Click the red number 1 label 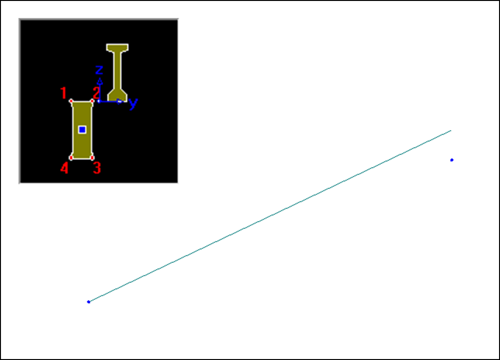pyautogui.click(x=63, y=93)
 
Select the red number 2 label pyautogui.click(x=96, y=93)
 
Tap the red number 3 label pyautogui.click(x=97, y=168)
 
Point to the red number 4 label pyautogui.click(x=64, y=168)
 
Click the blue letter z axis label pyautogui.click(x=99, y=70)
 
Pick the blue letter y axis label pyautogui.click(x=134, y=103)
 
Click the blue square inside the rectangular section pyautogui.click(x=82, y=130)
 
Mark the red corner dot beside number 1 pyautogui.click(x=71, y=101)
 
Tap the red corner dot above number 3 pyautogui.click(x=92, y=158)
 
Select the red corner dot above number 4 pyautogui.click(x=71, y=158)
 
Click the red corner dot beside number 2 pyautogui.click(x=92, y=101)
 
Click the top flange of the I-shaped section pyautogui.click(x=117, y=47)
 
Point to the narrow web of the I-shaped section pyautogui.click(x=117, y=70)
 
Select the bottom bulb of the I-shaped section pyautogui.click(x=117, y=95)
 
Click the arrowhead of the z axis pyautogui.click(x=100, y=81)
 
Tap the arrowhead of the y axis pyautogui.click(x=120, y=101)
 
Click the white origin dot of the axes pyautogui.click(x=99, y=101)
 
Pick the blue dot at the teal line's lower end pyautogui.click(x=89, y=302)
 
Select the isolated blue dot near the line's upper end pyautogui.click(x=452, y=160)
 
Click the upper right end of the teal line pyautogui.click(x=451, y=131)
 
